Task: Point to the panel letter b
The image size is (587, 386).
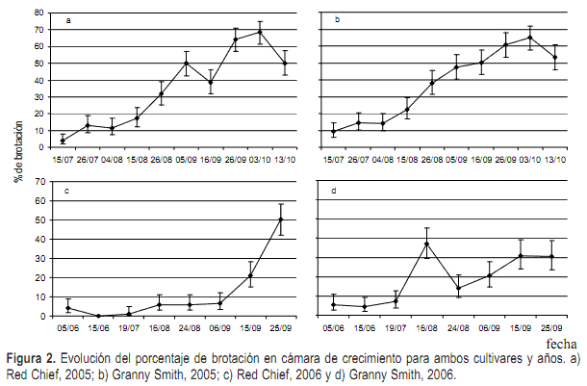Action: (x=337, y=20)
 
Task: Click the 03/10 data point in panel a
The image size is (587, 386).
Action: (x=260, y=32)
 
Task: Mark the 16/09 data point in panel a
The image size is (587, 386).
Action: (x=211, y=82)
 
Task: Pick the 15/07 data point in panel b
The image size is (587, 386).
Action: (x=333, y=131)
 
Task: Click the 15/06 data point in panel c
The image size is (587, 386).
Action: (x=99, y=316)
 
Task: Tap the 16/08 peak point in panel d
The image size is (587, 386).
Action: (x=426, y=244)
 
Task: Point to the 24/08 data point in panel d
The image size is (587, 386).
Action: (x=459, y=288)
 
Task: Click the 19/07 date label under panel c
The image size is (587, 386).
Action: (x=130, y=327)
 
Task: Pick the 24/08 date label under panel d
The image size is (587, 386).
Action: (x=459, y=327)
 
